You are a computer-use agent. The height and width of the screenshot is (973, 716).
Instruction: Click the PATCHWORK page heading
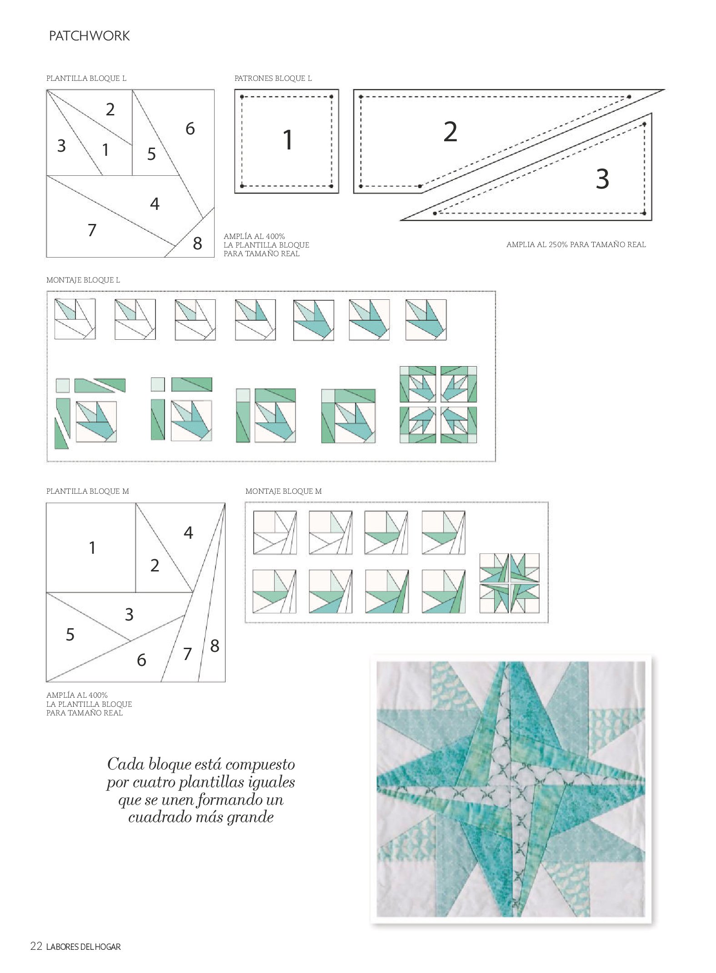point(89,36)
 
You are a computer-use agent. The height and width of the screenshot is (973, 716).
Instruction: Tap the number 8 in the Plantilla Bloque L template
point(197,243)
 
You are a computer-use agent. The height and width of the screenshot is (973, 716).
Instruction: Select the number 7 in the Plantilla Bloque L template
point(92,230)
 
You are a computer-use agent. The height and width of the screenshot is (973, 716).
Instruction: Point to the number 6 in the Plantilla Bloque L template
point(190,129)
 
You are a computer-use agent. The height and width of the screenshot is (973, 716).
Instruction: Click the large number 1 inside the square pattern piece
point(287,139)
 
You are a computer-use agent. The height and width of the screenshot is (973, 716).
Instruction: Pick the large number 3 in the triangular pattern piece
point(602,179)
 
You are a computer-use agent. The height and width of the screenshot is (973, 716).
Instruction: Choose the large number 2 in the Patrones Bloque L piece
point(450,132)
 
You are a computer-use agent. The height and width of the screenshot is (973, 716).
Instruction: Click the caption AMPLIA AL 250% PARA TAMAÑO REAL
point(576,244)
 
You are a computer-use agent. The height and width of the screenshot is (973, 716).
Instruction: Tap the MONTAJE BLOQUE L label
point(83,280)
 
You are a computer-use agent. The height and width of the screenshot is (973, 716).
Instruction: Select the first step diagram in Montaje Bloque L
point(75,319)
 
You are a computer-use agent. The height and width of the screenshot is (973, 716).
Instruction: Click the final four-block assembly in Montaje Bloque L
point(438,404)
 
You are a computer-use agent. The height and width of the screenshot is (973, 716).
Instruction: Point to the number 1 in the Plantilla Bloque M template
point(92,548)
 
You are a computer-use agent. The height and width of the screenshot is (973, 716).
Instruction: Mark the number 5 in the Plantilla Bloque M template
point(70,635)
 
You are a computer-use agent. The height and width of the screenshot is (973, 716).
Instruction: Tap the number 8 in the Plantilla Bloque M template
point(215,646)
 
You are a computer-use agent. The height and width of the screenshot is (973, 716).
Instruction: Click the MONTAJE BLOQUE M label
point(284,491)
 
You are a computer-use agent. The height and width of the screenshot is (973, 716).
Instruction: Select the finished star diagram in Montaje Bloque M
point(510,583)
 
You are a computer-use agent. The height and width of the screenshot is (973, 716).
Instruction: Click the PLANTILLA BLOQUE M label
point(88,491)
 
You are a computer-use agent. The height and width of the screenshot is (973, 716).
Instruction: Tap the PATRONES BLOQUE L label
point(273,78)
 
